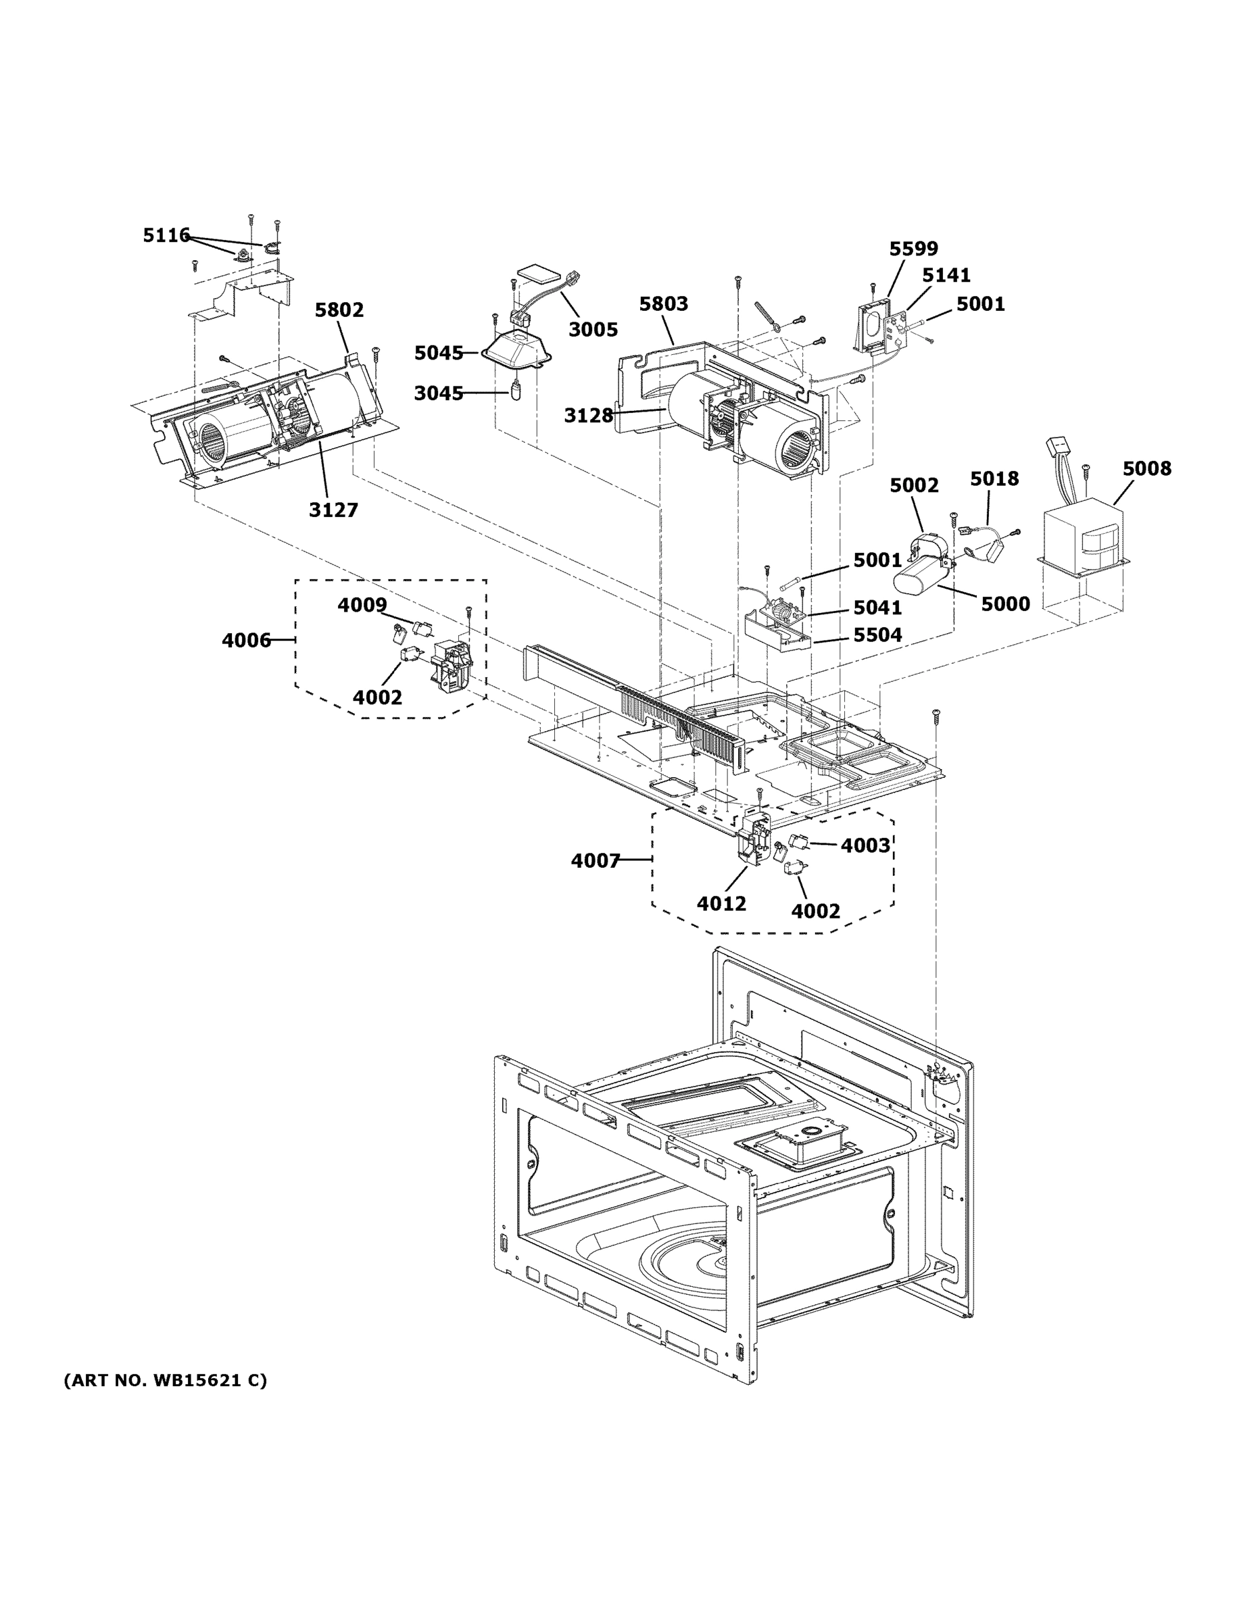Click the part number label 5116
pyautogui.click(x=166, y=235)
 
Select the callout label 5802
pyautogui.click(x=339, y=310)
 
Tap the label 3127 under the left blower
pyautogui.click(x=333, y=510)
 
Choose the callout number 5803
pyautogui.click(x=664, y=304)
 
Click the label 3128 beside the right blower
pyautogui.click(x=588, y=416)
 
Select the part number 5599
pyautogui.click(x=913, y=249)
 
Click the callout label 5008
pyautogui.click(x=1147, y=468)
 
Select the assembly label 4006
pyautogui.click(x=246, y=640)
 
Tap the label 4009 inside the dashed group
pyautogui.click(x=362, y=605)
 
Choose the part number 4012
pyautogui.click(x=721, y=903)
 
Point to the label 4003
pyautogui.click(x=865, y=845)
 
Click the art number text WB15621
pyautogui.click(x=195, y=1380)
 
